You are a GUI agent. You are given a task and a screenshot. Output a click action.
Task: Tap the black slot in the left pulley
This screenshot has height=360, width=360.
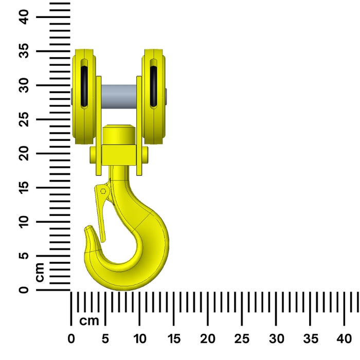pos(84,86)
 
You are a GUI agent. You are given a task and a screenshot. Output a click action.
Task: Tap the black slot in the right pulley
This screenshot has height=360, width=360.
pos(153,86)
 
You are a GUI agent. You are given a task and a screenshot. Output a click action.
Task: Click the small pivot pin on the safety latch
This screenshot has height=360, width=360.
pos(103,191)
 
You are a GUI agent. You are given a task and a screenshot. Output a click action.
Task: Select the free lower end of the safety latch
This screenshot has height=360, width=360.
pos(103,240)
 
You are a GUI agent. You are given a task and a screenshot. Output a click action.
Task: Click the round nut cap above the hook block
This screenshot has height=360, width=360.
pos(119,135)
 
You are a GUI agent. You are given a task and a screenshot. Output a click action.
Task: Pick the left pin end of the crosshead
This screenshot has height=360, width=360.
pos(93,155)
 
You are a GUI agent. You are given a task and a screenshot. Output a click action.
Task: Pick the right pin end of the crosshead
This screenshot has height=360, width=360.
pos(145,155)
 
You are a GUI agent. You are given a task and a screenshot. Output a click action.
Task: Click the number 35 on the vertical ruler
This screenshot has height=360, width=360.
pos(24,51)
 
